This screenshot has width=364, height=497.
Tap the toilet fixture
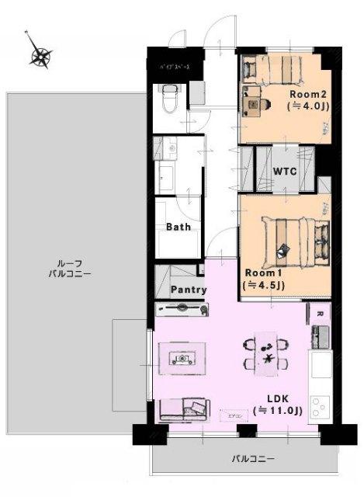pyautogui.click(x=169, y=99)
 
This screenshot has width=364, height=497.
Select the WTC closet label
pyautogui.click(x=285, y=170)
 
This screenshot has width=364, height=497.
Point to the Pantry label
pyautogui.click(x=189, y=290)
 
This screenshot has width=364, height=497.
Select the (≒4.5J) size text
pyautogui.click(x=264, y=285)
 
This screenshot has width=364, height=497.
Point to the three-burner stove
pyautogui.click(x=321, y=407)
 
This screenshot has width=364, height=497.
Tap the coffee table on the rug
pyautogui.click(x=182, y=358)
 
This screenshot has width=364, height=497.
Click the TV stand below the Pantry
pyautogui.click(x=182, y=309)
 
